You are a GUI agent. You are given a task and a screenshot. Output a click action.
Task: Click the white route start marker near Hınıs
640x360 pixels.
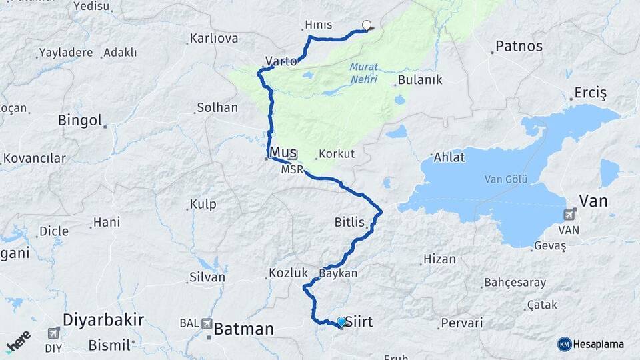pos(366,25)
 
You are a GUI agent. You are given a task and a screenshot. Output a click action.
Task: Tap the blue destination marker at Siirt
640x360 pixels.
pos(342,322)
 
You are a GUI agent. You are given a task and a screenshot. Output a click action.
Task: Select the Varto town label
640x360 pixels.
pos(281,61)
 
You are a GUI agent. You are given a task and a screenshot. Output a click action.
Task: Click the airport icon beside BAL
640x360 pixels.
pos(206,323)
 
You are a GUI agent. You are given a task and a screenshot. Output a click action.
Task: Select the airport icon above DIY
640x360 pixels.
pos(54,333)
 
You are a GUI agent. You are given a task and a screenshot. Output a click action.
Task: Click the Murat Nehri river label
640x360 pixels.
pos(363,73)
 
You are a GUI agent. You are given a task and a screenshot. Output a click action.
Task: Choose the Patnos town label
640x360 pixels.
pos(519,47)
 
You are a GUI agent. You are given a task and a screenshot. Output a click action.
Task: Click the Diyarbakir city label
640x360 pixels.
pos(103,320)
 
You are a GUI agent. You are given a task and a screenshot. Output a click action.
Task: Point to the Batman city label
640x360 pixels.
pos(244,329)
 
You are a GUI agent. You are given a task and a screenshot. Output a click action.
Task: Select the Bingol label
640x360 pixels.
pos(79,121)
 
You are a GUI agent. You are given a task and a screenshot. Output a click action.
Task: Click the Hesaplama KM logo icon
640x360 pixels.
pos(565,344)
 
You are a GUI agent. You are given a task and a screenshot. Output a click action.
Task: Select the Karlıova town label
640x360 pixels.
pos(213,38)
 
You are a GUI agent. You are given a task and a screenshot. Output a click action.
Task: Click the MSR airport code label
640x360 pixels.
pos(292,170)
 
